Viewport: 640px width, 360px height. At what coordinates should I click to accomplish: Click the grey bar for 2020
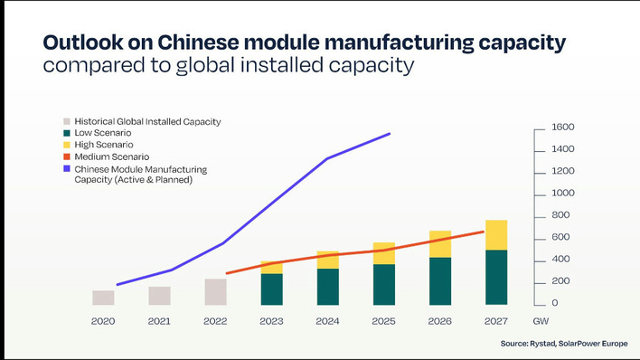coord(103,298)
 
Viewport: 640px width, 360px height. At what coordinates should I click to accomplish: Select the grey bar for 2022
coord(216,291)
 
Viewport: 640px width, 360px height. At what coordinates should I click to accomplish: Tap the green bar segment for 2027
coord(496,277)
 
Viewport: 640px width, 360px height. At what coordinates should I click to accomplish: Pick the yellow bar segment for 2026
coord(440,244)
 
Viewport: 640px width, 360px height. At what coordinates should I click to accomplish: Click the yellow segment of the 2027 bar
coord(496,235)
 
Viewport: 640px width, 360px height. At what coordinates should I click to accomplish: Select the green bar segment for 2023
coord(272,289)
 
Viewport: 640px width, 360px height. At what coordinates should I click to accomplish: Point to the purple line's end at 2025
coord(390,134)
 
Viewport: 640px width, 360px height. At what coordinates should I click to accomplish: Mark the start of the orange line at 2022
coord(226,273)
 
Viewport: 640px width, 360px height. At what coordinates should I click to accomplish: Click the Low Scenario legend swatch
coord(67,133)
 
